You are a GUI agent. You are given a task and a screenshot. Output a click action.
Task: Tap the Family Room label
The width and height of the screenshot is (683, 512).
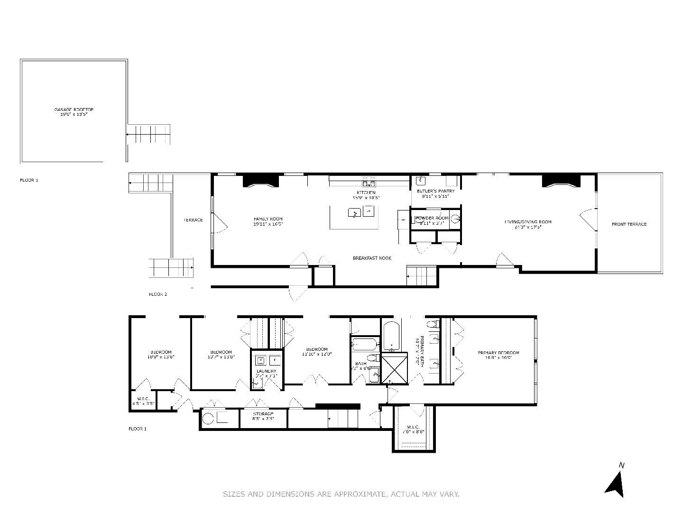268,221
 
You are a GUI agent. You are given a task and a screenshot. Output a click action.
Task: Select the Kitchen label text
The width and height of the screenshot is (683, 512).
366,195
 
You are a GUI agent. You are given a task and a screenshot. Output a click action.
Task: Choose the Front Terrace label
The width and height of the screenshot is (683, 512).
629,224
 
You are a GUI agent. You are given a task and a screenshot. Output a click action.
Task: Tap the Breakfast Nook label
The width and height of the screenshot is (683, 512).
372,258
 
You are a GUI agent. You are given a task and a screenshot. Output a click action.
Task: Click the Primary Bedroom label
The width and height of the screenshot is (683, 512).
498,355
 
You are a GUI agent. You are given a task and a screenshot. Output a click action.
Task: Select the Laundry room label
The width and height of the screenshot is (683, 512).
266,373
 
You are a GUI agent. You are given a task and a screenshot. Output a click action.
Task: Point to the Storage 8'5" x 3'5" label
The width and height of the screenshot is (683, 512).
263,416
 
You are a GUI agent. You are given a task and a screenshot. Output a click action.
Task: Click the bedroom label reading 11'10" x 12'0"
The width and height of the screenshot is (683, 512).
316,351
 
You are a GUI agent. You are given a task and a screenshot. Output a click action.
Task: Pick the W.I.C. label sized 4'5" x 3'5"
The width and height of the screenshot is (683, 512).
143,401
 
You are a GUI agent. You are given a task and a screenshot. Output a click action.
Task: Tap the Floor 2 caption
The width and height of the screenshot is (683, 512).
158,294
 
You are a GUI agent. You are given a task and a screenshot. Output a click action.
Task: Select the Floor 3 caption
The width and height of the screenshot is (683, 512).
29,180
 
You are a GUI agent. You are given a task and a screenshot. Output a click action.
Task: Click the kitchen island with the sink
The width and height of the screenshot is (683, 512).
354,217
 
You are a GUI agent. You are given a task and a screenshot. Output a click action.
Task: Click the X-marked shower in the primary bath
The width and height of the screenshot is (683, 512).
394,368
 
